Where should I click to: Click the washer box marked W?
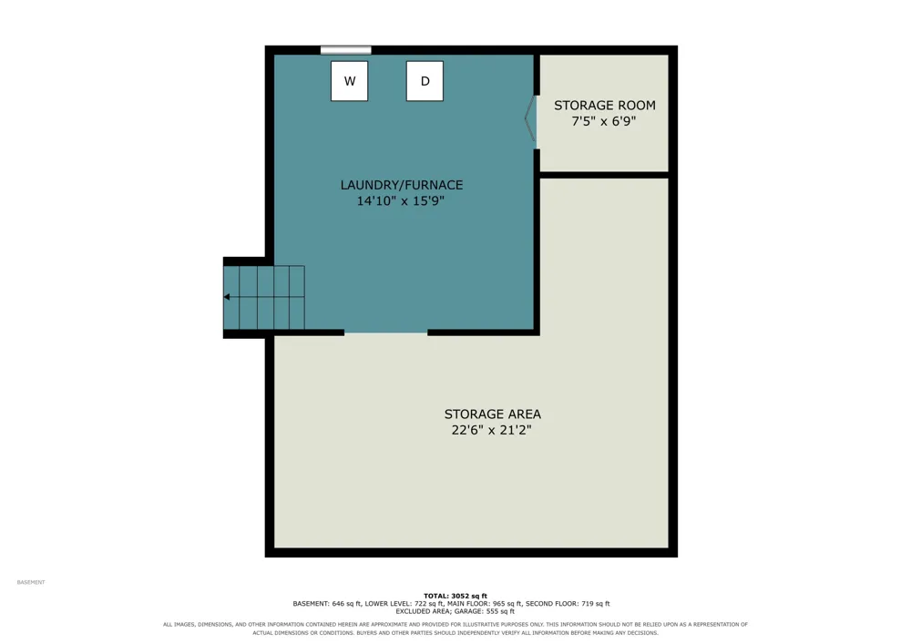click(x=349, y=81)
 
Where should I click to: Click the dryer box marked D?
click(x=425, y=81)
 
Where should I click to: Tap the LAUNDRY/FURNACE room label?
click(x=402, y=185)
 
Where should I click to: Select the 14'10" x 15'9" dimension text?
click(x=400, y=201)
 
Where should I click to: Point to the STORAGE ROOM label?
click(x=604, y=106)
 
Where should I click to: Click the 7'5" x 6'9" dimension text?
click(x=604, y=121)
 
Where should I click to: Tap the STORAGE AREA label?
click(x=493, y=414)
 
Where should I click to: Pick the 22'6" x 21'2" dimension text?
click(x=492, y=430)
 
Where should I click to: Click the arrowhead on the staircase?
click(x=227, y=297)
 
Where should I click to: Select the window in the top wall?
click(x=345, y=50)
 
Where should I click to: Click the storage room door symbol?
click(x=529, y=118)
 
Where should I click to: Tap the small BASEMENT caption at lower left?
click(x=31, y=582)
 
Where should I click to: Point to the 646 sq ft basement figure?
click(x=346, y=604)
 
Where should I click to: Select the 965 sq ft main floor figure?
click(x=507, y=604)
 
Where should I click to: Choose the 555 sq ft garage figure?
click(x=499, y=611)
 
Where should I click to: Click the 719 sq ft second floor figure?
click(x=595, y=604)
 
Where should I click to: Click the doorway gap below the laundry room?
click(x=385, y=332)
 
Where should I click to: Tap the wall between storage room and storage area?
click(x=604, y=175)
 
